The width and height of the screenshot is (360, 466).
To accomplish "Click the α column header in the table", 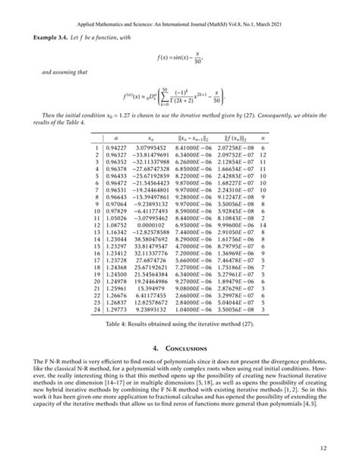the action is [x=115, y=138].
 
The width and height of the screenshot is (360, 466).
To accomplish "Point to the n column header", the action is [x=262, y=138].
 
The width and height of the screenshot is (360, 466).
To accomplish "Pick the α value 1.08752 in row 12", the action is [x=115, y=226].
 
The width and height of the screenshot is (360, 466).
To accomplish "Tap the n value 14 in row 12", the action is [x=262, y=226].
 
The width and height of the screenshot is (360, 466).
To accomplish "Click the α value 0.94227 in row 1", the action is [x=115, y=147].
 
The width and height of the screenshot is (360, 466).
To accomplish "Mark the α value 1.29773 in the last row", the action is [x=115, y=311].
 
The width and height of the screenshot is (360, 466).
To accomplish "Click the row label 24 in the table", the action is [x=96, y=311].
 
